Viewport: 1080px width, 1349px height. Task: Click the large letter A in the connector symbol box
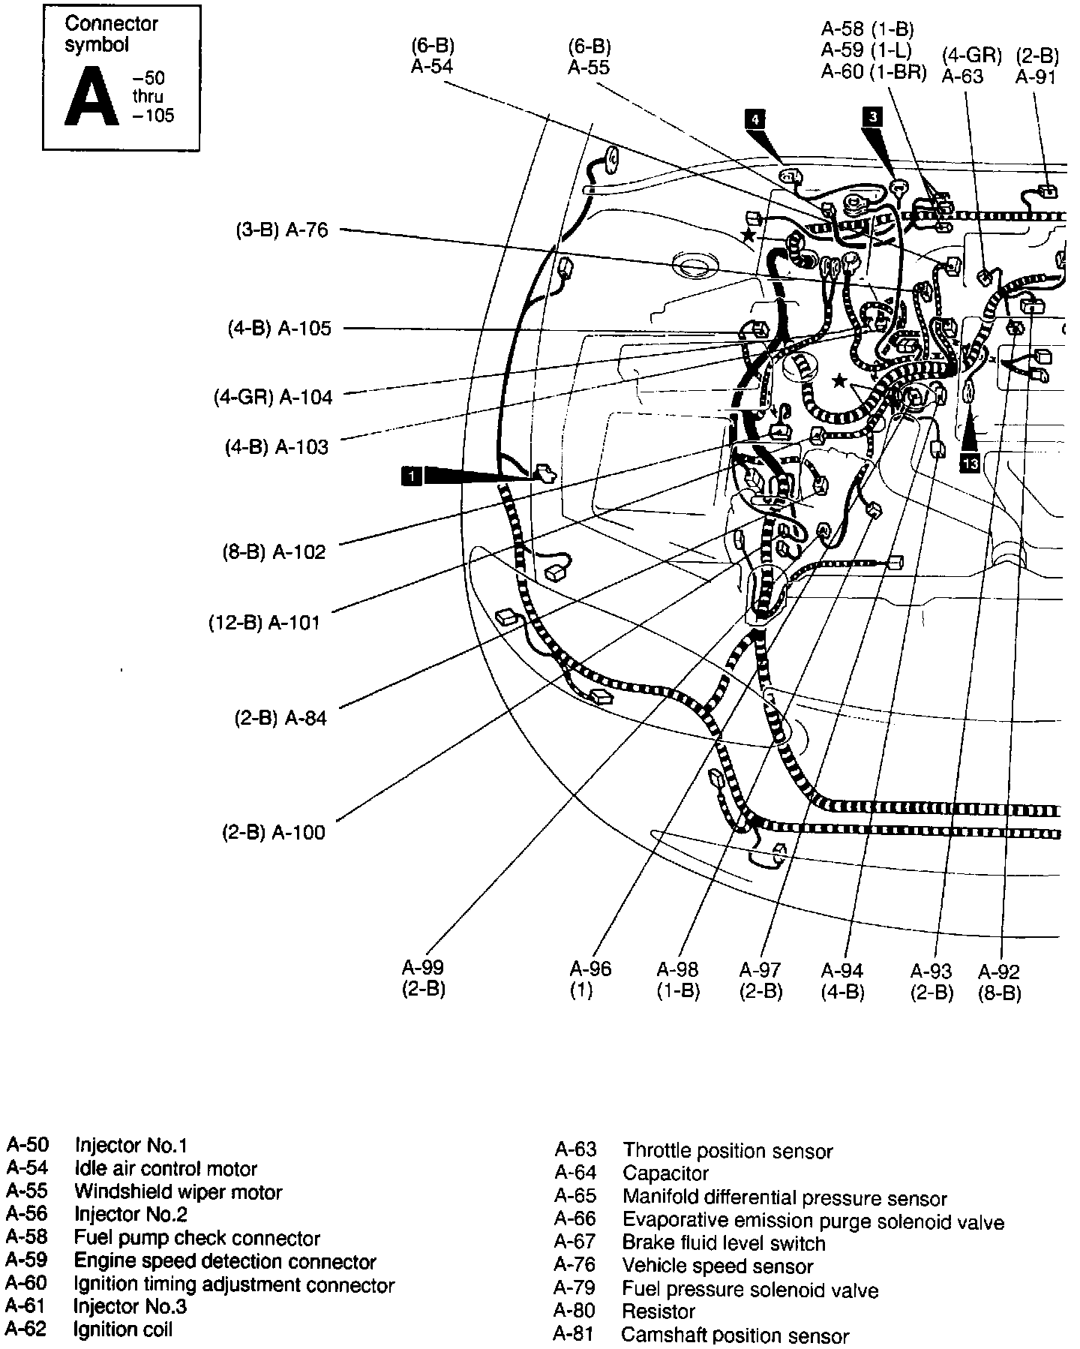point(91,96)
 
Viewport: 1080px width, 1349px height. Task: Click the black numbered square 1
point(411,475)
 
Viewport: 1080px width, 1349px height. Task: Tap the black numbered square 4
point(755,119)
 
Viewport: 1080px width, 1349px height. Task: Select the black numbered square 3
point(871,116)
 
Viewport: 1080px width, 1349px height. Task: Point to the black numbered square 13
point(970,464)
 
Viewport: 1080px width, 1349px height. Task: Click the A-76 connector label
point(307,230)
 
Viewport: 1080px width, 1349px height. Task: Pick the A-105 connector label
point(304,329)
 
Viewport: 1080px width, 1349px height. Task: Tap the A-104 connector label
point(305,397)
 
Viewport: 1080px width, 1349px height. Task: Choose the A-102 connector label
point(299,552)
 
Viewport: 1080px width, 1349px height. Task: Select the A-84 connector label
point(305,718)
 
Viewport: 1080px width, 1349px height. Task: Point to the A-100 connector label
point(298,832)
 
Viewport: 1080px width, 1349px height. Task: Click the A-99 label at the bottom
point(423,968)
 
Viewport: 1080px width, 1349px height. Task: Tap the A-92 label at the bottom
point(999,972)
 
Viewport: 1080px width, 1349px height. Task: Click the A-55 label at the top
point(589,68)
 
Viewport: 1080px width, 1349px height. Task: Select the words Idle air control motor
point(166,1168)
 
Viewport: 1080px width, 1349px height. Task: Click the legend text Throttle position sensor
point(727,1151)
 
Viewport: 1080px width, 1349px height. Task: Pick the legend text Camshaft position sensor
point(735,1335)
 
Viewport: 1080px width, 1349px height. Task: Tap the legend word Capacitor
point(665,1173)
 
